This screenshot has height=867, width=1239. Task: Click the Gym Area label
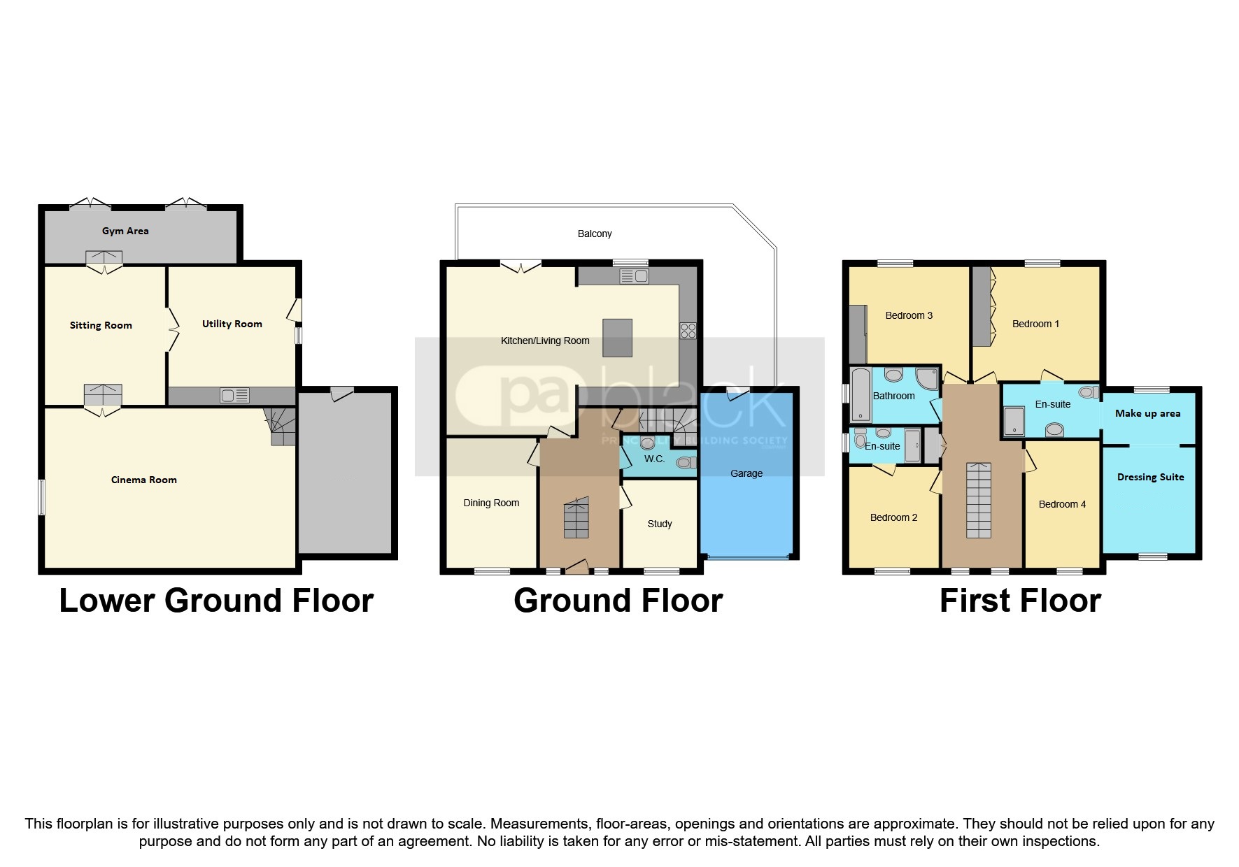point(125,231)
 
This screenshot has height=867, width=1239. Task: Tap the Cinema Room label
point(144,480)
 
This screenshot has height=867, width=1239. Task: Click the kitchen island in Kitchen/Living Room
point(618,338)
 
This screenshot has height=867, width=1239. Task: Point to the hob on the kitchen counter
point(688,330)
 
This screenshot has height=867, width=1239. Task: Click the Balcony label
point(595,234)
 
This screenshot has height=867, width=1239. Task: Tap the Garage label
point(746,473)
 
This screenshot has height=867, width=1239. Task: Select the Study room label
point(660,524)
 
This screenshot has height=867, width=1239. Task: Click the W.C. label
point(654,459)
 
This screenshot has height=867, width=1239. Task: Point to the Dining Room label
point(491,503)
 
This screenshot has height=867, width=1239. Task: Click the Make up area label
point(1147,413)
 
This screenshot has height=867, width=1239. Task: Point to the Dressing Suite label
point(1150,477)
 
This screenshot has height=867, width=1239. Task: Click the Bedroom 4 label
point(1062,504)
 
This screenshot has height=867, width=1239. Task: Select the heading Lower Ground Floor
point(216,601)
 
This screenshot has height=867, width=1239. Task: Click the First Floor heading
point(1020,601)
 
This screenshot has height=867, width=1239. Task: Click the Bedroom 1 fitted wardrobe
point(982,306)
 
